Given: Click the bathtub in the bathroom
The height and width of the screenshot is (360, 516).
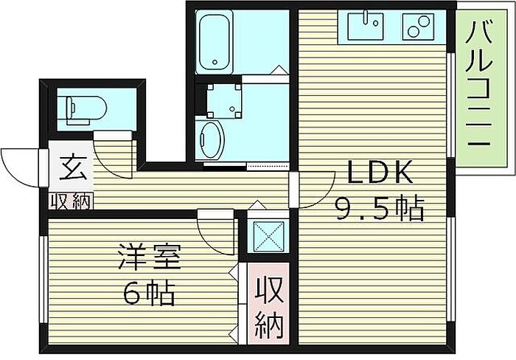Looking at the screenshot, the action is click(215, 41).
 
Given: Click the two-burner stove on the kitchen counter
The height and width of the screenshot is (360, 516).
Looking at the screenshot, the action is click(418, 27).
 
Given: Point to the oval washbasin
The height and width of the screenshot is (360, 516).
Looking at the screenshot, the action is click(212, 140).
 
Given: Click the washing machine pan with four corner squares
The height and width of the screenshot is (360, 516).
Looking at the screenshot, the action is click(224, 101).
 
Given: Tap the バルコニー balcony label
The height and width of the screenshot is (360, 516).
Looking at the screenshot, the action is click(479, 84).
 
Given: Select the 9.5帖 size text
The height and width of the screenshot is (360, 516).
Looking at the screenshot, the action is click(379, 208).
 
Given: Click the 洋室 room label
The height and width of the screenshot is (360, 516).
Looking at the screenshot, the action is click(150, 257).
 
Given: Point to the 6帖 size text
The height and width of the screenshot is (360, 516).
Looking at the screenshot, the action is click(148, 293).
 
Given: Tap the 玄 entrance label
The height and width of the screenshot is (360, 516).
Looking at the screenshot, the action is click(73, 168).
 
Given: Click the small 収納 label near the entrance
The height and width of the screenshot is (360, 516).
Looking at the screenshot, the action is click(70, 201).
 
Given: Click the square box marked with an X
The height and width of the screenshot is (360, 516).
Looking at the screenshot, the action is click(268, 236).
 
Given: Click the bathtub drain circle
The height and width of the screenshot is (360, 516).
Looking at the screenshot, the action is click(215, 62).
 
